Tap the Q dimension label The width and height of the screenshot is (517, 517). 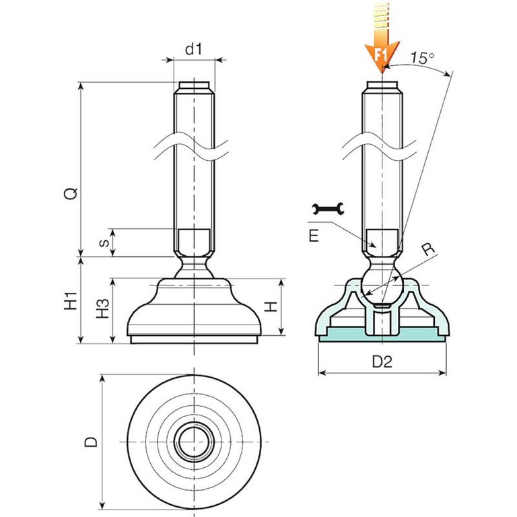[70, 193]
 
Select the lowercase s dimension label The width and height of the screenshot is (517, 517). [103, 242]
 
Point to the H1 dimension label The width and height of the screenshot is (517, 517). [70, 300]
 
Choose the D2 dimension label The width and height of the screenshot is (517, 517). [382, 362]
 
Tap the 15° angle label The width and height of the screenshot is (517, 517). [421, 58]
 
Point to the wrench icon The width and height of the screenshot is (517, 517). [329, 210]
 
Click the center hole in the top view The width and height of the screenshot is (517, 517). [195, 442]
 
